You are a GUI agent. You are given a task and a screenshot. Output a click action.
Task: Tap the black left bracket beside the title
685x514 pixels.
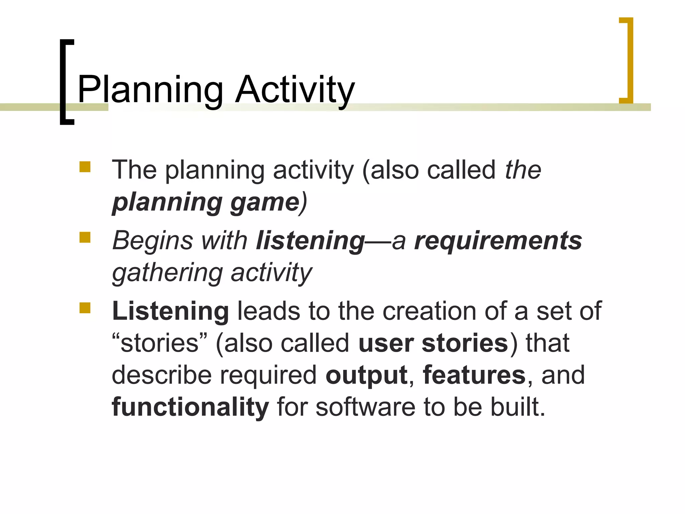(64, 82)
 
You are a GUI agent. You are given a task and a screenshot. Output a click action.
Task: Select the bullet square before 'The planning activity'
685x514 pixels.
(85, 167)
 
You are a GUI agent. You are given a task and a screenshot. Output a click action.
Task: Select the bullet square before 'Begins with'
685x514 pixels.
(85, 237)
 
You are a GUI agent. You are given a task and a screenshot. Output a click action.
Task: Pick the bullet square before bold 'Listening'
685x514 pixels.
(85, 308)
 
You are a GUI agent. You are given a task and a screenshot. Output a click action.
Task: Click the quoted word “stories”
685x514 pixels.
(160, 343)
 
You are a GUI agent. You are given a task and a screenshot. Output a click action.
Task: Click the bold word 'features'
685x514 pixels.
(474, 375)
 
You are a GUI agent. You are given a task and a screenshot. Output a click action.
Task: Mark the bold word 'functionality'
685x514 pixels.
(190, 407)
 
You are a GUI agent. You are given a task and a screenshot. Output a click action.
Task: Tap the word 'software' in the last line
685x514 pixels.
(366, 407)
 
